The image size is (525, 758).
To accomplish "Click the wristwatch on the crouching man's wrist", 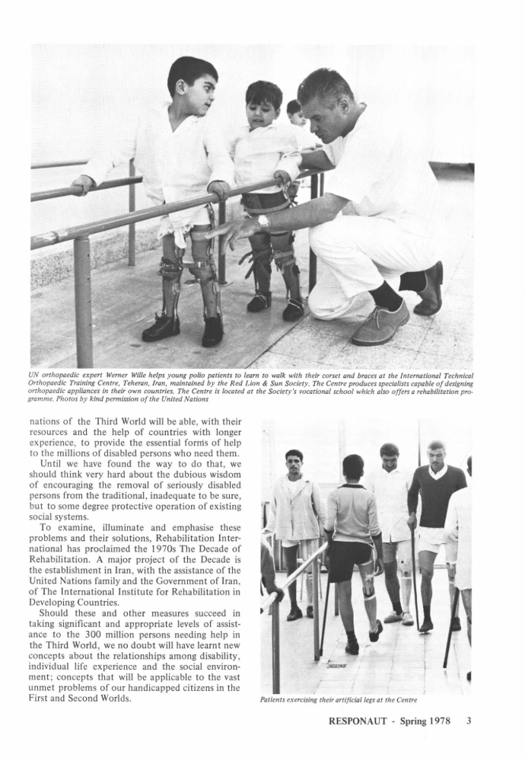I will click(x=262, y=221).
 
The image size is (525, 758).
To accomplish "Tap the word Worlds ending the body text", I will click(x=111, y=698).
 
